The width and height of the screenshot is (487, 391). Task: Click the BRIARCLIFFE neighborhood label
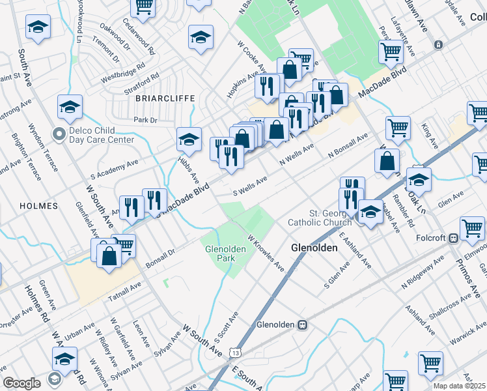tap(165, 98)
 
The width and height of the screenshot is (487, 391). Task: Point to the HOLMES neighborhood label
tap(38, 206)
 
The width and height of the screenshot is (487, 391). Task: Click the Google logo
tap(22, 383)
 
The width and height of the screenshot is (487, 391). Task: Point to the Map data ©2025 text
tap(460, 386)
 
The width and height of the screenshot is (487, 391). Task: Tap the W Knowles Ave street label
tap(266, 254)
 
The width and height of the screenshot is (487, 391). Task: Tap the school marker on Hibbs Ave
tap(189, 139)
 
